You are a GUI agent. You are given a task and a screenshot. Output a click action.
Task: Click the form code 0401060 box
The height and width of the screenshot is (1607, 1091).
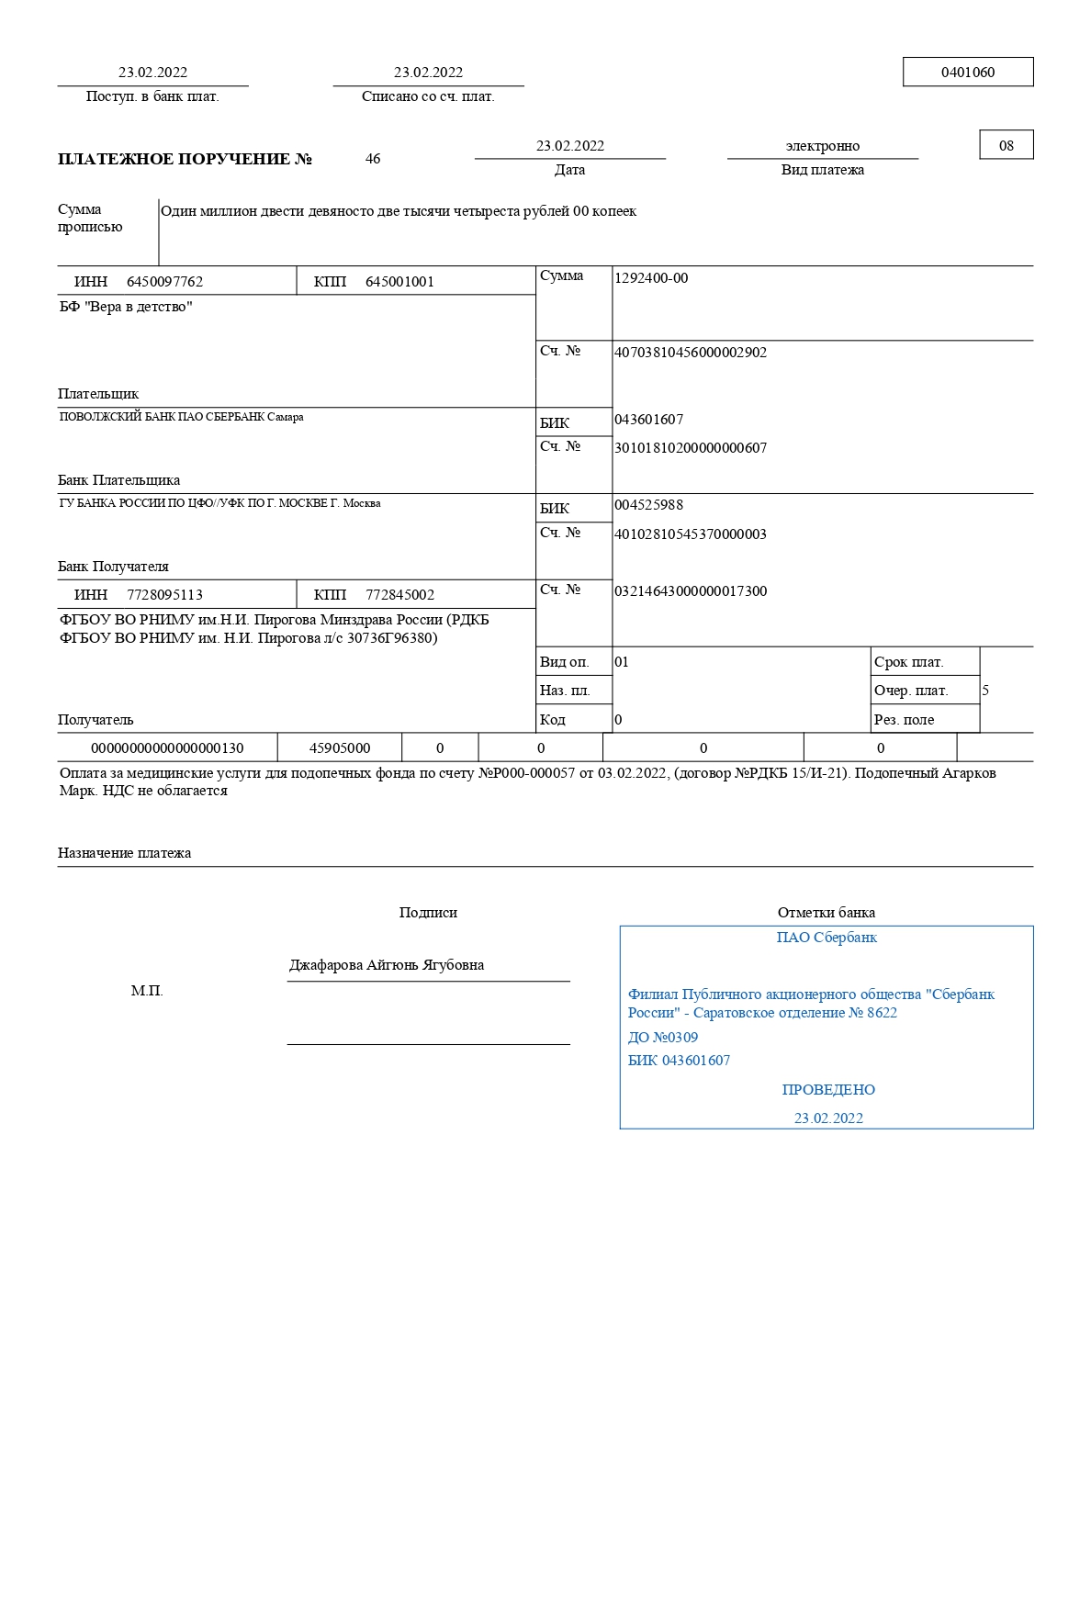click(968, 73)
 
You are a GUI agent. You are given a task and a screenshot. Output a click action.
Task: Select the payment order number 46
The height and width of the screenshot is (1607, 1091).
click(373, 159)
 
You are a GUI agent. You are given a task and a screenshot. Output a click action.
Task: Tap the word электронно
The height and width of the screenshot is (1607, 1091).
click(823, 146)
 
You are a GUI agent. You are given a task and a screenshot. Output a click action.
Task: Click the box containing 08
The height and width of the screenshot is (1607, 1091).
click(1007, 145)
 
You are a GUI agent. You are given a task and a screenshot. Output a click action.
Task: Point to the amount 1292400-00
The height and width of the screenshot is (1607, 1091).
click(651, 278)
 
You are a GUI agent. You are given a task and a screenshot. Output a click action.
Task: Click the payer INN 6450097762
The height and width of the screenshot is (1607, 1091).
click(164, 282)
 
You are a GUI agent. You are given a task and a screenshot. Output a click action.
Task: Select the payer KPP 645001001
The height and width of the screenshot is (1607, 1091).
click(399, 282)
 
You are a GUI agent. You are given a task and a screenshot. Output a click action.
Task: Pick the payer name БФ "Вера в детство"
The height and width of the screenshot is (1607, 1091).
click(126, 307)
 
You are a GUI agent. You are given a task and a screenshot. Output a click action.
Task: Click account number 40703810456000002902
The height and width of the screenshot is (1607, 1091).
click(691, 353)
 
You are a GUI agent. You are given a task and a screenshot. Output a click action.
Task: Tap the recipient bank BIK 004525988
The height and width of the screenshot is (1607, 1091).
click(648, 505)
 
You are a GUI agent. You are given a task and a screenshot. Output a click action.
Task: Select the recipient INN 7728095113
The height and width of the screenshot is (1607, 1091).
click(164, 595)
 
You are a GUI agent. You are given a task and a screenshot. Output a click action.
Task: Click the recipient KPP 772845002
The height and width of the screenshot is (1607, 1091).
click(399, 595)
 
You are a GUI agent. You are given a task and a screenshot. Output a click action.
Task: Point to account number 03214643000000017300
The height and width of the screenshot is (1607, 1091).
click(691, 591)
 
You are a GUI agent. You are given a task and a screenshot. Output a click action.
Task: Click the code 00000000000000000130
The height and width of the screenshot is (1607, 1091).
click(167, 748)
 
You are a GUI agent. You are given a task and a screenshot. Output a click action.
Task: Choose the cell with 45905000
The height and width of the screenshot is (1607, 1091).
click(340, 748)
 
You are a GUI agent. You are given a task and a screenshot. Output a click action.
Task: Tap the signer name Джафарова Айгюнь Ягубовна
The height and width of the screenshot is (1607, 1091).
click(387, 965)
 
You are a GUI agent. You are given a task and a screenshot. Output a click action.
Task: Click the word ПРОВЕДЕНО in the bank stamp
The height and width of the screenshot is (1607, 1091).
click(828, 1090)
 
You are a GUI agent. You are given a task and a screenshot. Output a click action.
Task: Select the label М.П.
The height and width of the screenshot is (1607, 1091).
click(147, 991)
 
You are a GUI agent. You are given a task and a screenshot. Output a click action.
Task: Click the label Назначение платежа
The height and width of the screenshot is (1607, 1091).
click(125, 853)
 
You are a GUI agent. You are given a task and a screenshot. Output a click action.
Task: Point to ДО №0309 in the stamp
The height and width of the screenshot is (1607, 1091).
click(663, 1038)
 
